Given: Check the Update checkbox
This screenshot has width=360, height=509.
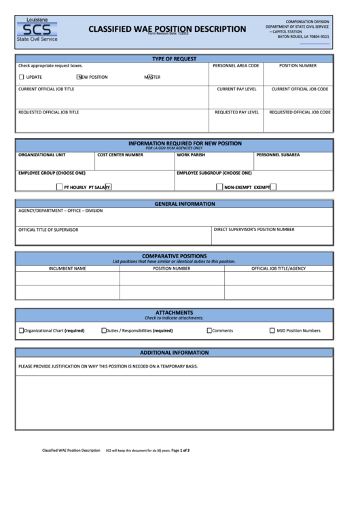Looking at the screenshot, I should [21, 77].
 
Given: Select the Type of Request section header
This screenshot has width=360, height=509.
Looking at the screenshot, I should [174, 59].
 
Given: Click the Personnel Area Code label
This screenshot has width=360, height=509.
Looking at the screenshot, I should [236, 66].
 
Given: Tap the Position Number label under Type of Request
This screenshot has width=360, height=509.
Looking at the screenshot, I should [298, 66].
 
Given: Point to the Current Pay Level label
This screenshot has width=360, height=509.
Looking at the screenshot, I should [236, 89].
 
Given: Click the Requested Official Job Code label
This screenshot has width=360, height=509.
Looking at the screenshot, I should [300, 112].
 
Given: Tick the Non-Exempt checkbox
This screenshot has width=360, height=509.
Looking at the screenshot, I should [219, 186].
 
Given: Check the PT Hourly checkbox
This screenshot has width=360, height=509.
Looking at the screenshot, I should [59, 186].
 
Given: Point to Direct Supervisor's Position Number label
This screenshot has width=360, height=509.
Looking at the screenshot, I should [253, 230].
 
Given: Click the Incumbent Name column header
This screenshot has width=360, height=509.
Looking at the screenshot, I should [67, 268].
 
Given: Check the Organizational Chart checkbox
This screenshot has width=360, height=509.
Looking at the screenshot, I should [21, 331].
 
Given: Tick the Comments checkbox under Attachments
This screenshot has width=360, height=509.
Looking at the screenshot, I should [209, 331].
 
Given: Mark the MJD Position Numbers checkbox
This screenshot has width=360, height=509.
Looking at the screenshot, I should [272, 331].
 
